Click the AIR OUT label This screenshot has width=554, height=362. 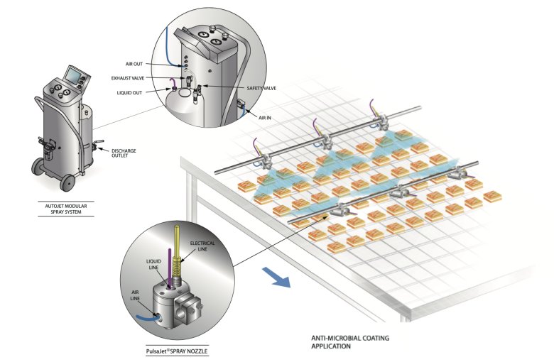click(134, 64)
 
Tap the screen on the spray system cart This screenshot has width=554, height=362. click(72, 73)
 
